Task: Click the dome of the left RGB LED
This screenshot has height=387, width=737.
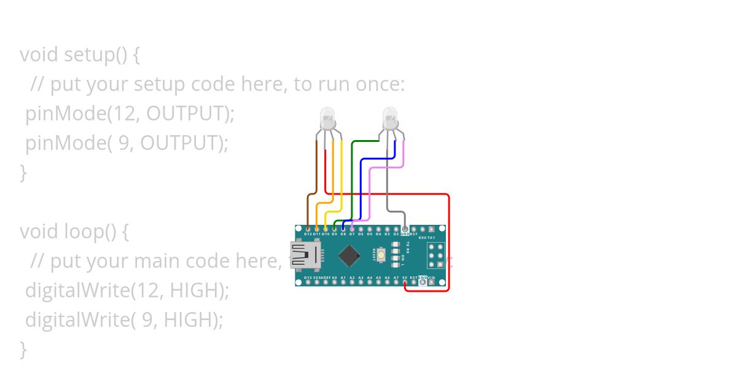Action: pos(327,116)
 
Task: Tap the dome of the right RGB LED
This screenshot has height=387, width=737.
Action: pos(390,116)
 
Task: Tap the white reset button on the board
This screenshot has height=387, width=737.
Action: pos(381,254)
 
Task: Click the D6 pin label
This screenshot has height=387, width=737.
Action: pos(361,234)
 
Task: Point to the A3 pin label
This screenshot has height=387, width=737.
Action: pos(361,278)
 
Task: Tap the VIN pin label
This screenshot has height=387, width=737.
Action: pos(431,278)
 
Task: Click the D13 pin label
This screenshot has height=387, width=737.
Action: pos(308,278)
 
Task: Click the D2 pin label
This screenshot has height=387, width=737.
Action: pos(396,234)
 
